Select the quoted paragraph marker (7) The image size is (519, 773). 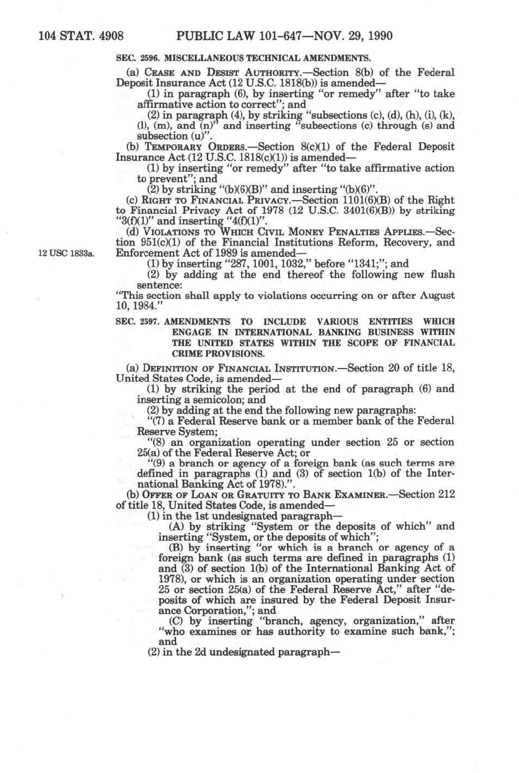coord(158,421)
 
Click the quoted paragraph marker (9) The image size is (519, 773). coord(158,464)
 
